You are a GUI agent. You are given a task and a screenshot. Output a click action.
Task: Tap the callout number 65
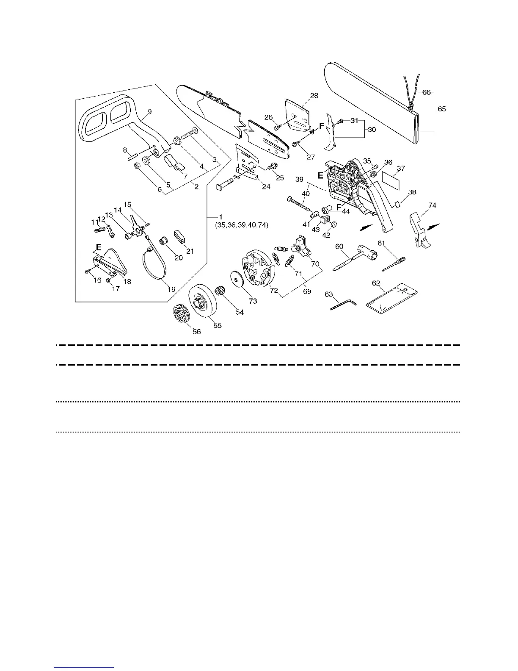442,109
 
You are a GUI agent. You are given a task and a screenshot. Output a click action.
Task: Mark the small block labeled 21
180,236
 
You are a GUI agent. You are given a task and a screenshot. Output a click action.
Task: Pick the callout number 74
432,205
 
